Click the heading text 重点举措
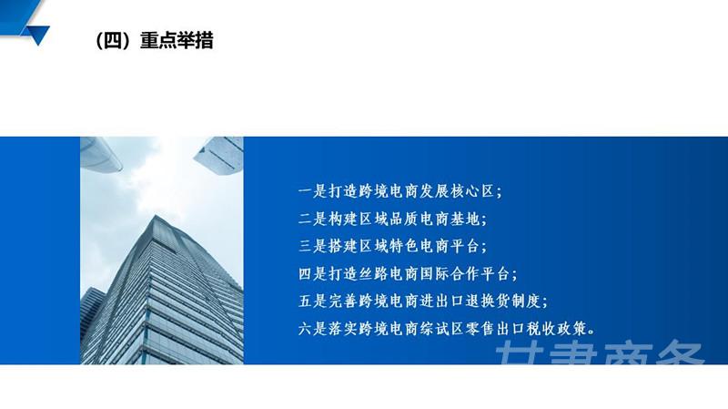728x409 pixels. (177, 40)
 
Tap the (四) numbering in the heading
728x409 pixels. (112, 40)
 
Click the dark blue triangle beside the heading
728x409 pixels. (38, 35)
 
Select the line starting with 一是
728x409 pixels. (400, 191)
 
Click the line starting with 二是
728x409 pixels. (393, 219)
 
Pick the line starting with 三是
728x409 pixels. (393, 246)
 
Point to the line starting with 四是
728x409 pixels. (408, 274)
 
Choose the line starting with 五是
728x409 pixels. (423, 302)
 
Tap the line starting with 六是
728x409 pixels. (447, 329)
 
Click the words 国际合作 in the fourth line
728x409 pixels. (450, 274)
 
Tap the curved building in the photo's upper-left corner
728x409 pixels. (99, 154)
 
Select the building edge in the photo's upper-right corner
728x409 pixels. (219, 155)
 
